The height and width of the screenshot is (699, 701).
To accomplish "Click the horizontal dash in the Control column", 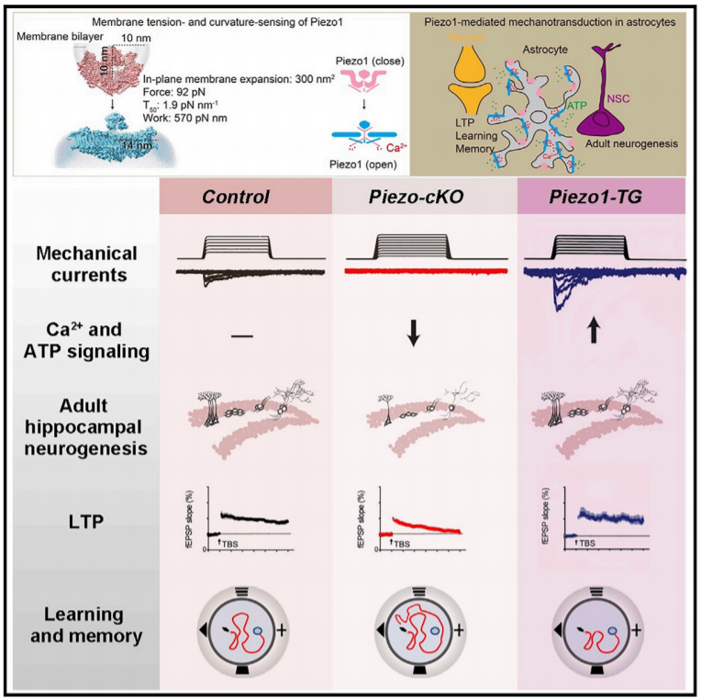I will click(x=242, y=336).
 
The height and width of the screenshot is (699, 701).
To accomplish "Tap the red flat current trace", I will click(x=425, y=272).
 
